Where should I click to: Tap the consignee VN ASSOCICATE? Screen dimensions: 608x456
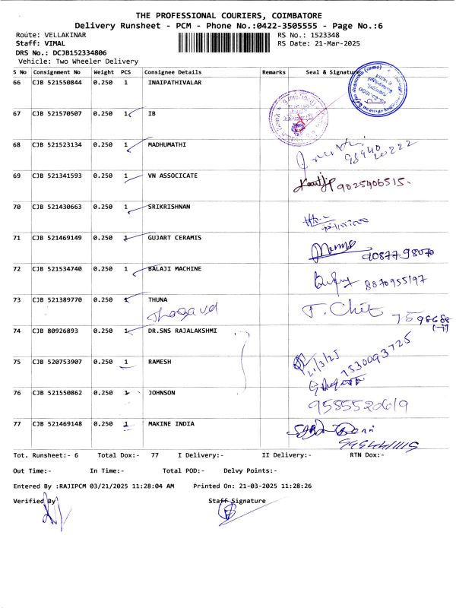click(x=173, y=176)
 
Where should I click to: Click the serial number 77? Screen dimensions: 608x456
click(x=17, y=423)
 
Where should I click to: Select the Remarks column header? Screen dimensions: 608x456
click(x=274, y=71)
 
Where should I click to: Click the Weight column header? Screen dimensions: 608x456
click(x=103, y=71)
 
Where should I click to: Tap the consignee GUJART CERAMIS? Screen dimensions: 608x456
click(x=175, y=238)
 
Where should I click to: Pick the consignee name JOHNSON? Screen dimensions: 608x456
click(x=162, y=392)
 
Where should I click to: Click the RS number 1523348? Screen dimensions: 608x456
click(x=319, y=36)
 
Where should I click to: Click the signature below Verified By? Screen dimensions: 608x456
click(x=51, y=518)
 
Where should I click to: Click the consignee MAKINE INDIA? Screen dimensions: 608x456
click(x=172, y=423)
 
